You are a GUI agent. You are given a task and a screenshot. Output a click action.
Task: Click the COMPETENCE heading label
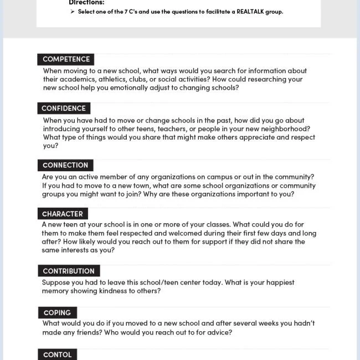pos(66,59)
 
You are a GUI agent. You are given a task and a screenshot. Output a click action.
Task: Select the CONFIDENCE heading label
pos(64,109)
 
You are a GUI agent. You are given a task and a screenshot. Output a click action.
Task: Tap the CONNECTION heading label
pos(65,165)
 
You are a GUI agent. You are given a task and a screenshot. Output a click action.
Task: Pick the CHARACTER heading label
pos(63,214)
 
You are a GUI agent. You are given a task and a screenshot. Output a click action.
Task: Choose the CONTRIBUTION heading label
pos(69,271)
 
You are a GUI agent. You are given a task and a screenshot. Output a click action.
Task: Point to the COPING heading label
pos(57,312)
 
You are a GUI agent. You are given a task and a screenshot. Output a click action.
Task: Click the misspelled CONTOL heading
pos(57,354)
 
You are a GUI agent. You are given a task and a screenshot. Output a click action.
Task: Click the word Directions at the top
pos(86,3)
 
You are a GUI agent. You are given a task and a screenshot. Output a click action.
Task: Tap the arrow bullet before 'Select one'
pos(73,12)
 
